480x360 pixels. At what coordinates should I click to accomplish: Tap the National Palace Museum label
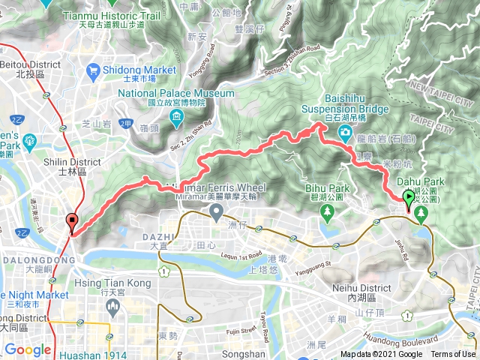[x=175, y=93]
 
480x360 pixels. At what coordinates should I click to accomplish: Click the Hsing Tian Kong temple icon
[x=112, y=306]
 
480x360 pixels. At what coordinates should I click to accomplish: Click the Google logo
[x=28, y=350]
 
